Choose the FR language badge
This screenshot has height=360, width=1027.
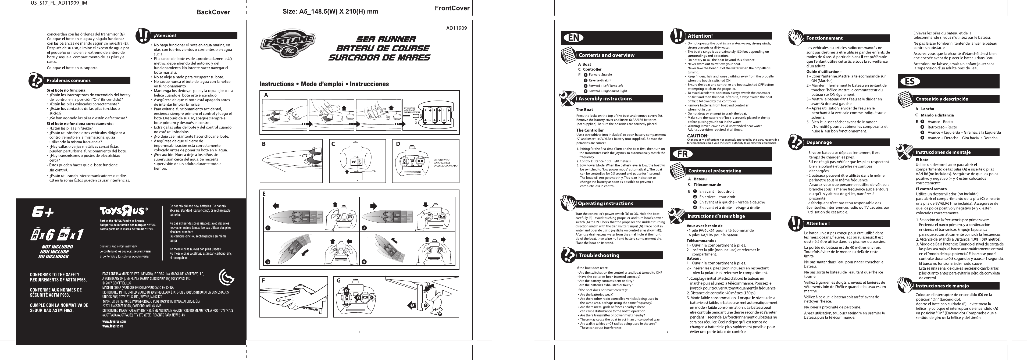pos(682,154)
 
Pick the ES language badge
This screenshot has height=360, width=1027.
pos(910,81)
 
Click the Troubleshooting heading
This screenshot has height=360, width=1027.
pos(599,255)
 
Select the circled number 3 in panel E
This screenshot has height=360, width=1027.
pos(268,262)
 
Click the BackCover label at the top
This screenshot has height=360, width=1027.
pos(213,12)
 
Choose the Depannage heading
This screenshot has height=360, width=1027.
pos(819,142)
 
